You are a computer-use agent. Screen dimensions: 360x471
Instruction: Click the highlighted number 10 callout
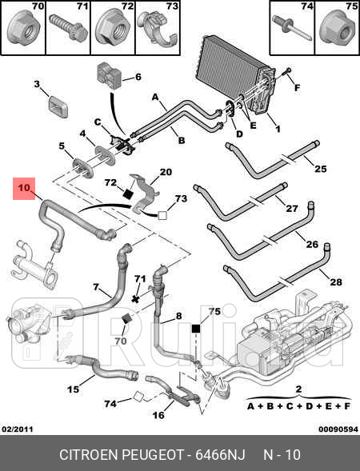click(24, 189)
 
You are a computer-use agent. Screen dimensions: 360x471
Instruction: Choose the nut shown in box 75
click(336, 30)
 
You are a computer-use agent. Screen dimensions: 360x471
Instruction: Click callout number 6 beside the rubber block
click(138, 77)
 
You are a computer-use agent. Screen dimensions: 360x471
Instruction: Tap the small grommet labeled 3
click(58, 106)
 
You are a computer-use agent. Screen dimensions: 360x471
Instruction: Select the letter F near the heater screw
click(297, 88)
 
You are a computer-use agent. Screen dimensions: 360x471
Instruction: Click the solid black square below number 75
click(196, 329)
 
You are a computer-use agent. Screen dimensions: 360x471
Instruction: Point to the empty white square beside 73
click(162, 215)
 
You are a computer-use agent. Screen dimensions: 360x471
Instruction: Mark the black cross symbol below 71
click(136, 299)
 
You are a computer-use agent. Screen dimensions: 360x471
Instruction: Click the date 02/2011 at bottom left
click(18, 429)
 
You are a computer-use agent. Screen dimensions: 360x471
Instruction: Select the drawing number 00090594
click(338, 429)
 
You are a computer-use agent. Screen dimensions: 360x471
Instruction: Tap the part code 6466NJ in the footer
click(220, 455)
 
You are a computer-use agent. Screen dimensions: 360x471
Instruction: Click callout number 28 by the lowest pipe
click(336, 282)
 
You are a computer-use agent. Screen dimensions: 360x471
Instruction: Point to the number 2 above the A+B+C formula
click(298, 389)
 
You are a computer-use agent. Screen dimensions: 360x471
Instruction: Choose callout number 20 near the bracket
click(166, 172)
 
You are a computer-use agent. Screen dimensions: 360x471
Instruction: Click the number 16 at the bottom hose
click(158, 415)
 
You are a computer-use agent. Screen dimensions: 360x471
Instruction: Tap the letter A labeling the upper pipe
click(154, 97)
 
